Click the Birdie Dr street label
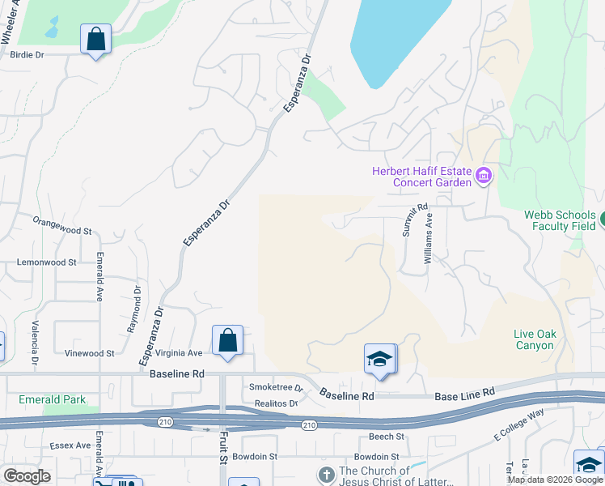[27, 55]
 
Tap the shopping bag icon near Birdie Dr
[95, 39]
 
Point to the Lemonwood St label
[47, 262]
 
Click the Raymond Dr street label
[133, 309]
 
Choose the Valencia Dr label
[36, 340]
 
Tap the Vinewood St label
[90, 353]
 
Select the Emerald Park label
[53, 400]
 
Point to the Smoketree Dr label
[274, 387]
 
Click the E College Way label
[518, 425]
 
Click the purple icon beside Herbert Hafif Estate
[484, 176]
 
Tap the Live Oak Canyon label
[534, 339]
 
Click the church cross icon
[326, 473]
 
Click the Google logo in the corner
[27, 476]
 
